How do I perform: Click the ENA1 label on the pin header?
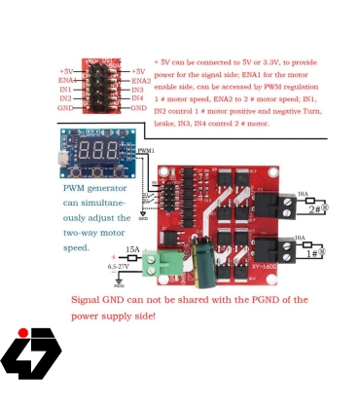(x=65, y=80)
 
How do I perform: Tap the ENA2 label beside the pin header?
(x=140, y=80)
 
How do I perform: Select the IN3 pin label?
(x=137, y=90)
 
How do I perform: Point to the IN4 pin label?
(x=137, y=98)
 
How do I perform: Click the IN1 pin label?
(x=65, y=90)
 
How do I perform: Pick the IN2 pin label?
(x=65, y=98)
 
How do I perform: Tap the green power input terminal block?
(x=163, y=263)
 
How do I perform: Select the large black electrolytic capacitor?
(x=205, y=264)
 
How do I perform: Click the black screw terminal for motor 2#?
(x=284, y=206)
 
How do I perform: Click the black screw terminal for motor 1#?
(x=284, y=251)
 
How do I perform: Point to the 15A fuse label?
(x=132, y=249)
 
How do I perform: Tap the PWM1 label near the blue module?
(x=146, y=151)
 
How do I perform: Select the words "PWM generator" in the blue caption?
(x=95, y=188)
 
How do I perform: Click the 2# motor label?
(x=317, y=208)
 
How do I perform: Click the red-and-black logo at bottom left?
(x=31, y=353)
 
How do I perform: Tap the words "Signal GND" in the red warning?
(x=97, y=300)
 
